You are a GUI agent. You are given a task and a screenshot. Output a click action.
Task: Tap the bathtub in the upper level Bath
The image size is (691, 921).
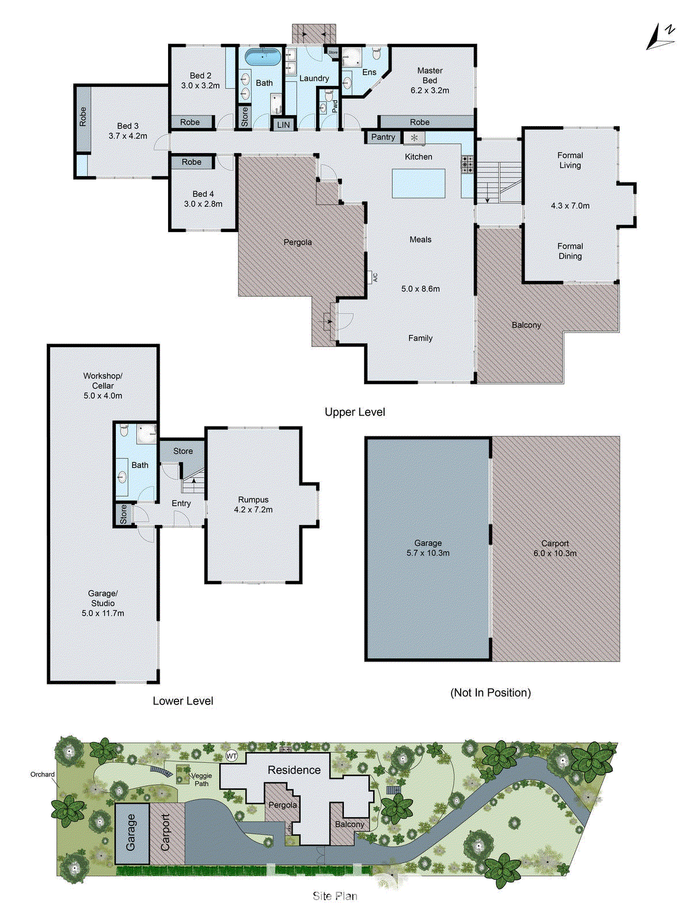click(x=263, y=57)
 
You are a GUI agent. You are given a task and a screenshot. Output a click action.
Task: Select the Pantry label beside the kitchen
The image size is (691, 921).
click(x=383, y=137)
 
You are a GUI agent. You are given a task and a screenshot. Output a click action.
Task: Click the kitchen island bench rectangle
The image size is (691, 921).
click(x=419, y=183)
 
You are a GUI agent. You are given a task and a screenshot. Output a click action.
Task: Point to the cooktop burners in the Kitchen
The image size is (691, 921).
click(x=468, y=165)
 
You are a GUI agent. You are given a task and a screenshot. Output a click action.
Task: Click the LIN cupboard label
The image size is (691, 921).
click(x=283, y=125)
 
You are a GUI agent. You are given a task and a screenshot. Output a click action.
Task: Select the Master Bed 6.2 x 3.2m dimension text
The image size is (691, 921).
click(x=430, y=90)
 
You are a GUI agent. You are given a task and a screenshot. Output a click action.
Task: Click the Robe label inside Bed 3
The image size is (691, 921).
click(x=83, y=117)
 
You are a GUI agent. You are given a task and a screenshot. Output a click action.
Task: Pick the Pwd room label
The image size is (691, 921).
click(x=335, y=106)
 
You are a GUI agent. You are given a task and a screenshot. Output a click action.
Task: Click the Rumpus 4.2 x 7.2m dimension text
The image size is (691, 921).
click(x=253, y=509)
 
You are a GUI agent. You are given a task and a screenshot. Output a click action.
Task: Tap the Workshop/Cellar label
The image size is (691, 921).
click(x=102, y=380)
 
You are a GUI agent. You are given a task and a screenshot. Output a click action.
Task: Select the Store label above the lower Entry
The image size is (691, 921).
click(x=183, y=451)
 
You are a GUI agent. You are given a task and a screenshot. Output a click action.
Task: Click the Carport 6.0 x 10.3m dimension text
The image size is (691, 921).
click(x=555, y=553)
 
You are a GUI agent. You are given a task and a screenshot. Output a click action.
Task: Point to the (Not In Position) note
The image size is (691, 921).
click(x=491, y=692)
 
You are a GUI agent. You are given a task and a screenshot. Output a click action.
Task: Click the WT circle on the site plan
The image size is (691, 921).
click(x=231, y=756)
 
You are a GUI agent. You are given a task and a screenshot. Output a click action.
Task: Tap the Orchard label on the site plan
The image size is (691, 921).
click(x=43, y=774)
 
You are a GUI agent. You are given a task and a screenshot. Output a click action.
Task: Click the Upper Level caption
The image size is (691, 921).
click(x=355, y=412)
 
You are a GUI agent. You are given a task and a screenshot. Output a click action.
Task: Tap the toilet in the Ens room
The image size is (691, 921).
click(x=377, y=54)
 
